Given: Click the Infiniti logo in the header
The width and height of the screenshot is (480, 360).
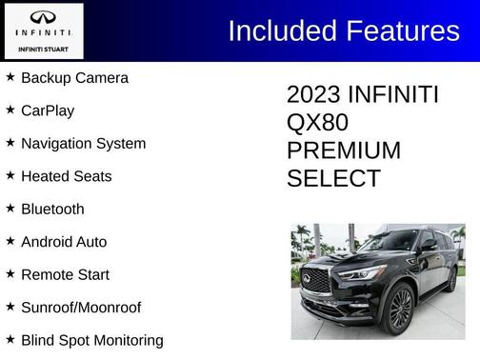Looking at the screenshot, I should pos(43,18).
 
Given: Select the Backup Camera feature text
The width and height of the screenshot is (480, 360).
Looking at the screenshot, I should pos(74,78).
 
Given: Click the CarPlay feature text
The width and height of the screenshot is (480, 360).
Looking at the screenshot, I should pos(48,110).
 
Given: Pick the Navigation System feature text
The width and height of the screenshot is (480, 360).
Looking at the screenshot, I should pos(83,144).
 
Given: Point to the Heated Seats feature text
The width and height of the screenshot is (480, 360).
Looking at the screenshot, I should pos(66,176).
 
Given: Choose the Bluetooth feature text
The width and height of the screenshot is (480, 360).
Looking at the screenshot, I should pos(52,210).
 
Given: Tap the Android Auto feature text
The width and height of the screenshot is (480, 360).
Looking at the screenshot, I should pos(64,242).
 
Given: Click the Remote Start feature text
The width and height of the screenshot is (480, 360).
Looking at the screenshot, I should pos(65,274).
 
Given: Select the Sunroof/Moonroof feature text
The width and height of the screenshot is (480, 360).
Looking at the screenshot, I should pos(81,308).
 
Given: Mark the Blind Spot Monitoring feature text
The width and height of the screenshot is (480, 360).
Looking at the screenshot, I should pos(91,340).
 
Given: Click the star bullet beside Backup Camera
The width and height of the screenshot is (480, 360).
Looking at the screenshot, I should pos(10,76).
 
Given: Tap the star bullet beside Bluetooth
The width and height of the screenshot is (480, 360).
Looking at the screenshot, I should pos(10,208).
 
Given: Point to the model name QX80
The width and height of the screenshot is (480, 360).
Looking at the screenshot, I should pos(317,123).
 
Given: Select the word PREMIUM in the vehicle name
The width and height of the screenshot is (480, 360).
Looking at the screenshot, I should pos(343,150).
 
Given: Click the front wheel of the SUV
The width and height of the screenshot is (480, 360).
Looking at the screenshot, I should pos(399,310).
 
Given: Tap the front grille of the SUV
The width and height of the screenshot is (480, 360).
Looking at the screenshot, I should pos(316,282).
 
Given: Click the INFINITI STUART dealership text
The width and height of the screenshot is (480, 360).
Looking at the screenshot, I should pos(43,49).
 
